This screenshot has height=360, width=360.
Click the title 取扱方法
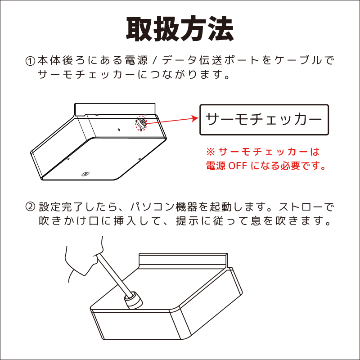pyautogui.click(x=180, y=29)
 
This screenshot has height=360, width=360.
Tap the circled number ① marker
pyautogui.click(x=30, y=61)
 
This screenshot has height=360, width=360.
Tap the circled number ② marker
pyautogui.click(x=30, y=207)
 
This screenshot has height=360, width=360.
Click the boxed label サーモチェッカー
pyautogui.click(x=264, y=120)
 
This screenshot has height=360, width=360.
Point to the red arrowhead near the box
pyautogui.click(x=195, y=118)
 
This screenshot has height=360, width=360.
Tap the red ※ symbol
pyautogui.click(x=211, y=152)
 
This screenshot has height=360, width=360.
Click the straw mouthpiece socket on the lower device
pyautogui.click(x=133, y=300)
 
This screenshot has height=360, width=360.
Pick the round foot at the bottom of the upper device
pyautogui.click(x=85, y=174)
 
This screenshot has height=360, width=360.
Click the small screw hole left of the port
pyautogui.click(x=119, y=130)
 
